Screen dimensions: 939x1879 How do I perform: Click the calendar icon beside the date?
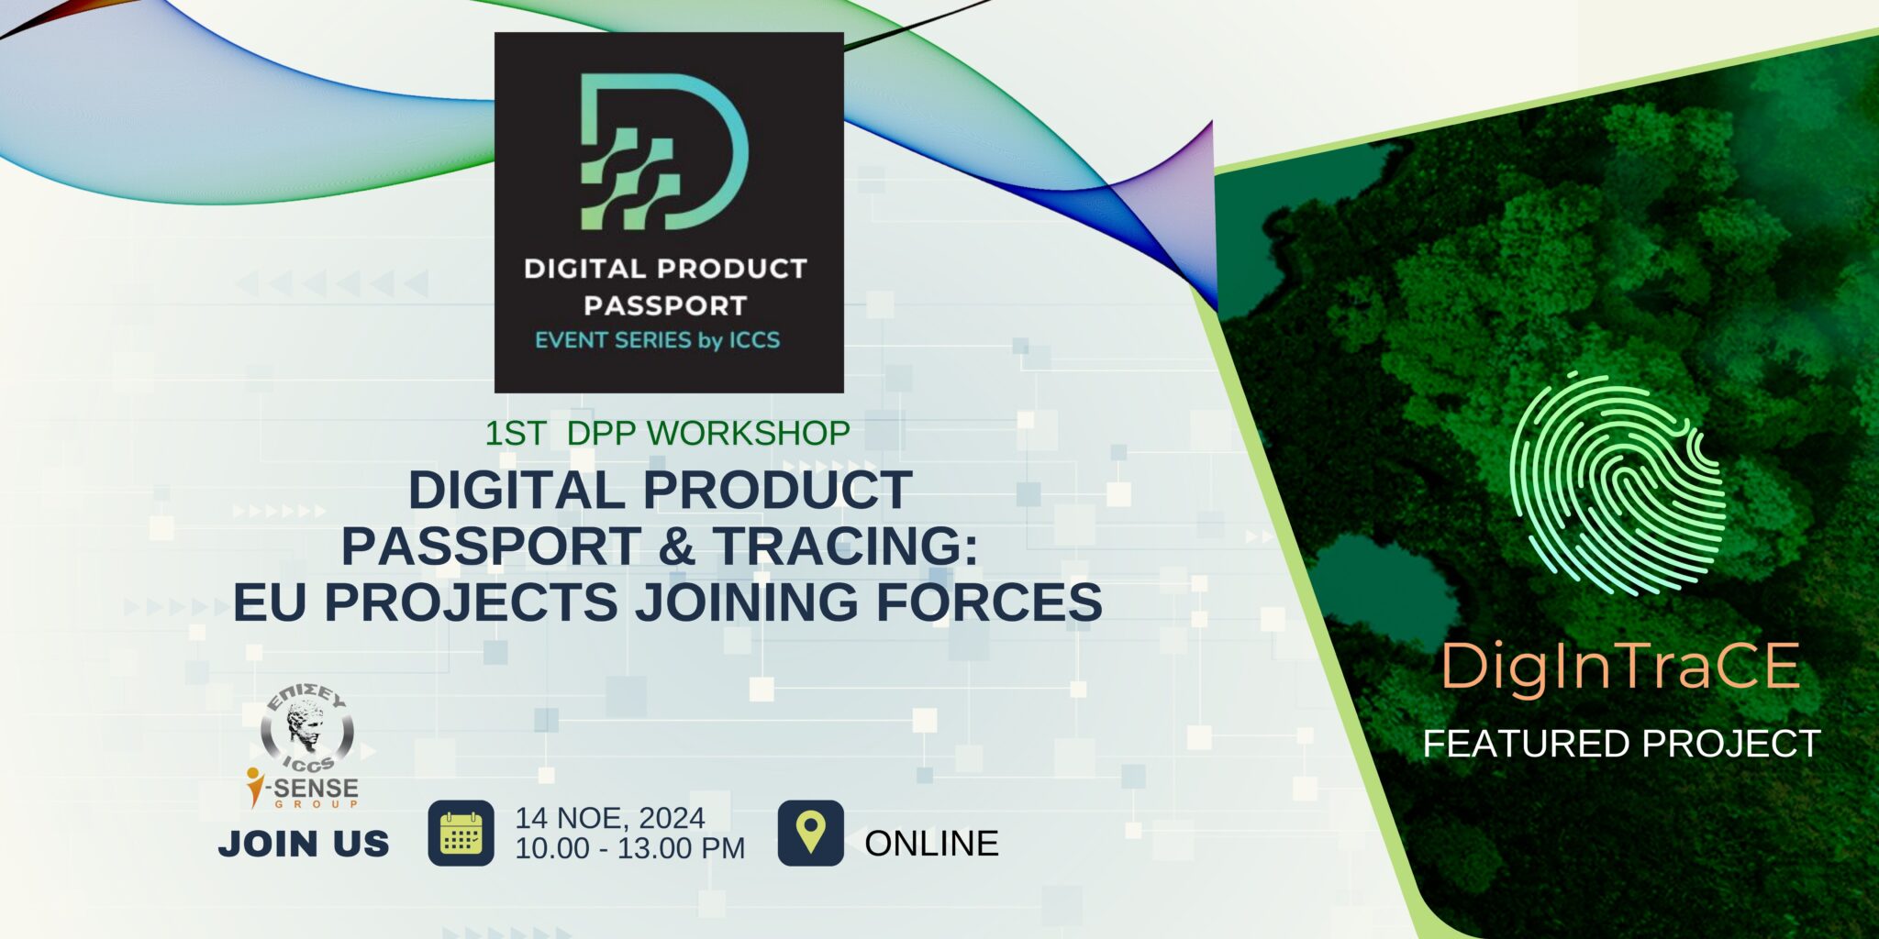click(x=461, y=833)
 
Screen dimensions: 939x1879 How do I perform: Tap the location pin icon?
click(x=810, y=833)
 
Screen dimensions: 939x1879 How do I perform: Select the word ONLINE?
click(x=931, y=844)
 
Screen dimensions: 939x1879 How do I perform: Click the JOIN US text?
click(x=304, y=844)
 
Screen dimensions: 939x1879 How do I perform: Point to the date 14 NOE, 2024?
click(x=610, y=818)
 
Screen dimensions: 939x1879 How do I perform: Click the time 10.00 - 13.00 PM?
click(x=629, y=848)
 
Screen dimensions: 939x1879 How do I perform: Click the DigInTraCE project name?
click(x=1620, y=667)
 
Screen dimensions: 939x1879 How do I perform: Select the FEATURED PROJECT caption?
click(x=1621, y=744)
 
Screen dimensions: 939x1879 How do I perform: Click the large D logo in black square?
click(x=665, y=151)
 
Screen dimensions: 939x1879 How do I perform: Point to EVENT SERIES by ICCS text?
click(x=657, y=341)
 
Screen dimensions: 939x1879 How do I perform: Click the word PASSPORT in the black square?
click(x=665, y=305)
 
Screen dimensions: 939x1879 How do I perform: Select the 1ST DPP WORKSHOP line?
click(x=667, y=433)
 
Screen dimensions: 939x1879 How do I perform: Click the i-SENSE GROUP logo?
click(x=303, y=790)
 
